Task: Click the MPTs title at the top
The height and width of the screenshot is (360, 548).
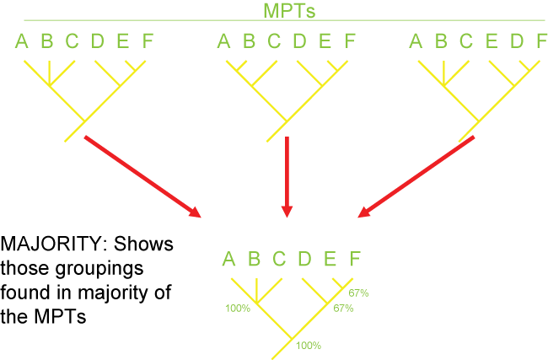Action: click(x=289, y=10)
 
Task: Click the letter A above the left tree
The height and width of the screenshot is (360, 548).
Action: click(x=22, y=41)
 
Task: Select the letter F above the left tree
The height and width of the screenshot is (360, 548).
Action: click(x=148, y=41)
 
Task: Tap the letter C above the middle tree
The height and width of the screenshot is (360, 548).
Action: click(x=274, y=41)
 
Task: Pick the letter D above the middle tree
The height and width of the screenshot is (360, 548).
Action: click(x=299, y=41)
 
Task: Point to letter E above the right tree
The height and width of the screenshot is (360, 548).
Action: click(x=492, y=41)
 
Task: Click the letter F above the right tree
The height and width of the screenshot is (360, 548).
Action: click(x=542, y=41)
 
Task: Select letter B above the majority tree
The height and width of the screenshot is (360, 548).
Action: click(x=254, y=259)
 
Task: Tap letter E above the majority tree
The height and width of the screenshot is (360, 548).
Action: click(x=330, y=259)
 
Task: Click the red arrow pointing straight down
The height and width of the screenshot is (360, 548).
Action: click(x=287, y=177)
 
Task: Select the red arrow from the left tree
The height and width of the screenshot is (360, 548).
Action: click(x=142, y=177)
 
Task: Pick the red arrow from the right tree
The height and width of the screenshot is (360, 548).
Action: click(x=416, y=177)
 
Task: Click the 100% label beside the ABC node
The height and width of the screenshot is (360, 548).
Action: click(x=238, y=309)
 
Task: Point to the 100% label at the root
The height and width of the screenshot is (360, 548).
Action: click(x=309, y=346)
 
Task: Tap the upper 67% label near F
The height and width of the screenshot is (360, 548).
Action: click(x=358, y=293)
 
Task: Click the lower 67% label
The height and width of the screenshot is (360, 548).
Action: click(x=343, y=309)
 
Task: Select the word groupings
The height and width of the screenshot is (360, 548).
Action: click(x=99, y=269)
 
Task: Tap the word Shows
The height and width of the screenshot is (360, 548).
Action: click(x=143, y=244)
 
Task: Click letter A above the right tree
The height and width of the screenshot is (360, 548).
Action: click(x=416, y=41)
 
